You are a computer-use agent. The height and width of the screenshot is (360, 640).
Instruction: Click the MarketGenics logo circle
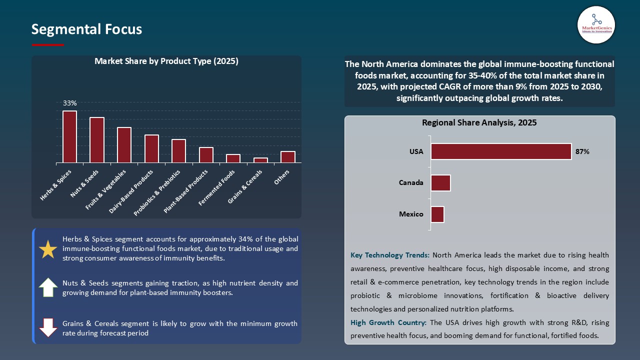point(596,24)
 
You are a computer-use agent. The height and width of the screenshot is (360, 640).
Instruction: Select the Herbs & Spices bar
point(69,137)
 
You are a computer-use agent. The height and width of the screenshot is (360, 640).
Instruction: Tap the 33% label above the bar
point(69,103)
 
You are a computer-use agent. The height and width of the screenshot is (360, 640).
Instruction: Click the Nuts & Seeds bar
point(97,140)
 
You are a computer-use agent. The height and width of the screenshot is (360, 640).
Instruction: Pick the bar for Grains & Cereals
point(260,160)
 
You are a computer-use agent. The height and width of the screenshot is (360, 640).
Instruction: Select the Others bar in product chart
point(288,157)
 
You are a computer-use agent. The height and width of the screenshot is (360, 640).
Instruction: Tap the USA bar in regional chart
point(501,151)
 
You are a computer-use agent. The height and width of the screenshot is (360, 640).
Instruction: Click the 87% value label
point(582,151)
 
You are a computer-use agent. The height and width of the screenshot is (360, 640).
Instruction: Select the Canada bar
point(440,182)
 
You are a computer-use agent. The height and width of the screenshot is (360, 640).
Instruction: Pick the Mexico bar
point(437,214)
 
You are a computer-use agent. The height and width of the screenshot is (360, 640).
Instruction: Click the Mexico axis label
point(411,214)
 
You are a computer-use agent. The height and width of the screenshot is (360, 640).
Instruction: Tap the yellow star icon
point(48,249)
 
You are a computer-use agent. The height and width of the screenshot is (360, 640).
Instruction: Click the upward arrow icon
point(48,287)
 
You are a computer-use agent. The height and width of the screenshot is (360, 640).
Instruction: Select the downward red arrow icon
point(48,327)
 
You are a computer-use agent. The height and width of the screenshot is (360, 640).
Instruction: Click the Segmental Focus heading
point(86,29)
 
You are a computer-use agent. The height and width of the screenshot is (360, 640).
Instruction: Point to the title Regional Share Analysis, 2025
point(479,122)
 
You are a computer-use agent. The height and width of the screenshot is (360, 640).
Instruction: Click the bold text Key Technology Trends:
point(390,255)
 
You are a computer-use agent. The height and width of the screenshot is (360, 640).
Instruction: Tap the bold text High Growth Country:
point(389,322)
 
